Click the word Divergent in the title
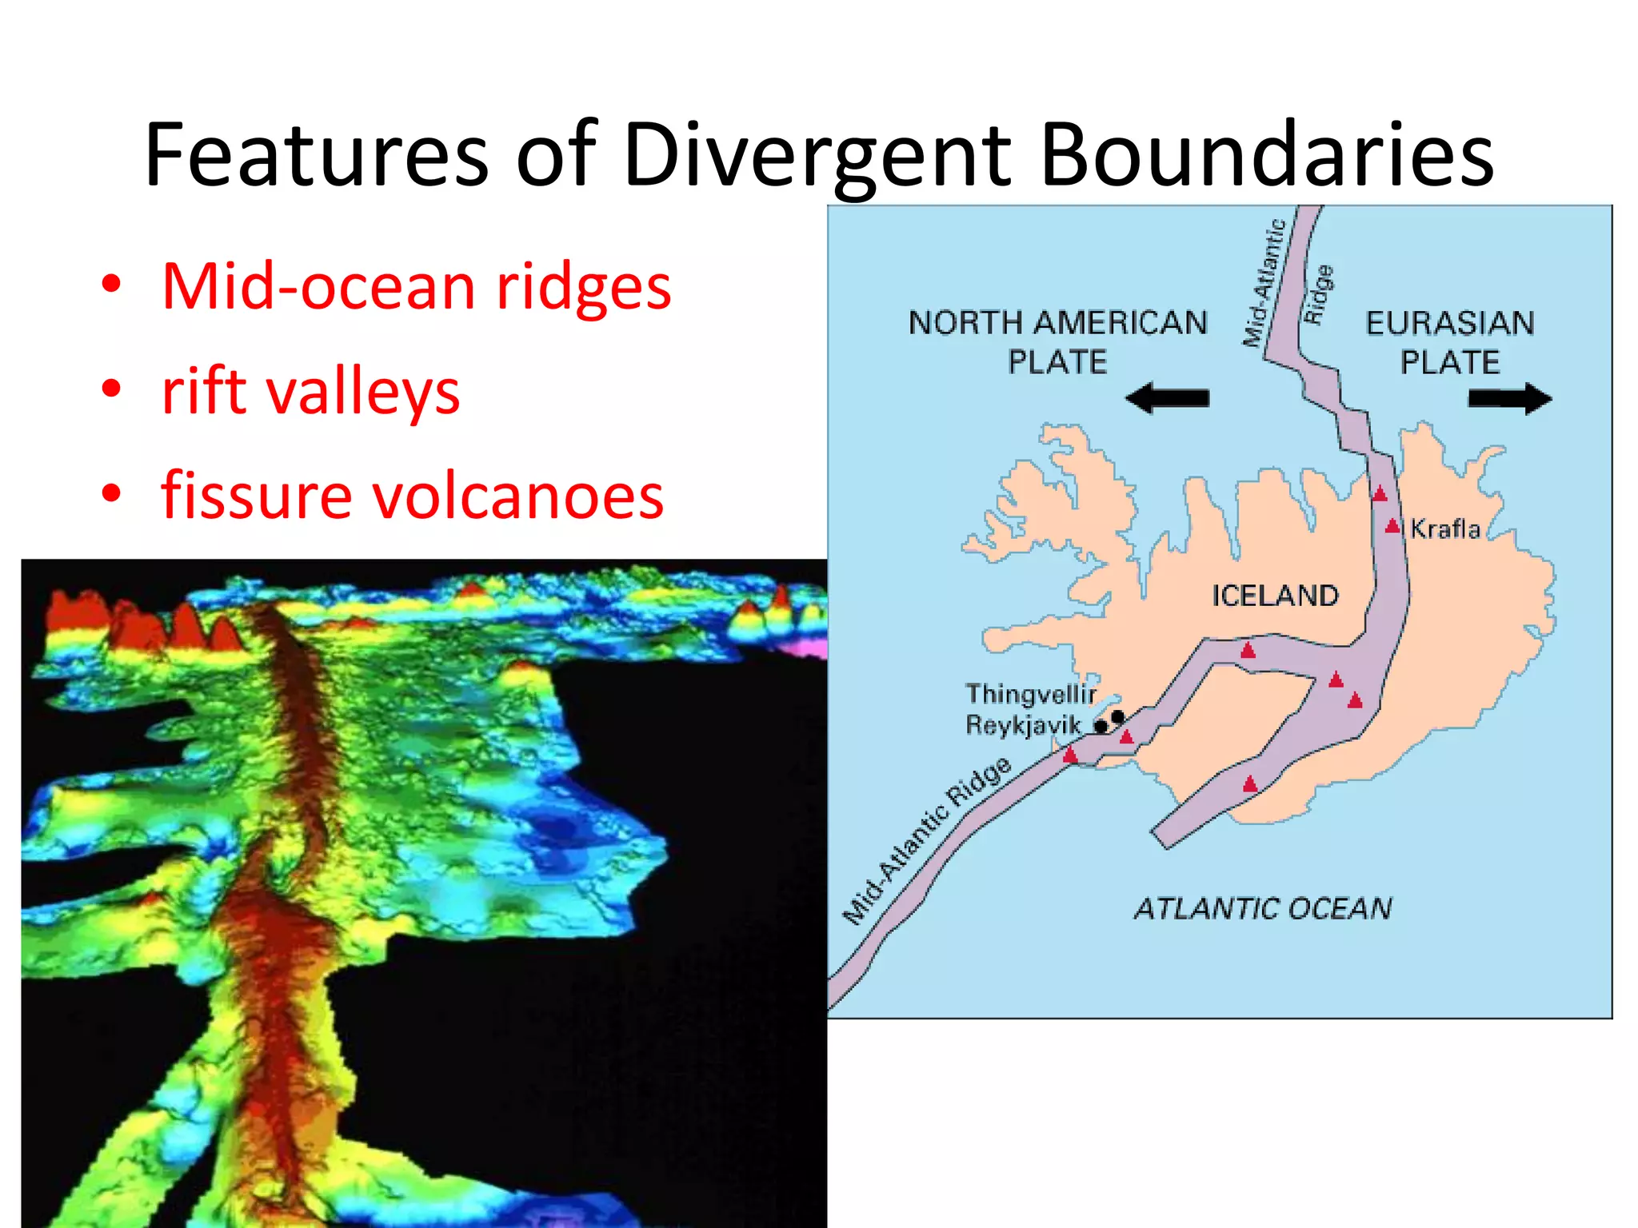[x=817, y=155]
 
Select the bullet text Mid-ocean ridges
[x=416, y=286]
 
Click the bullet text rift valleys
[x=310, y=392]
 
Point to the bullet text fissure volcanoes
[x=412, y=496]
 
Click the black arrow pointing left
[x=1167, y=397]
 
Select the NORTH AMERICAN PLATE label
[x=1057, y=342]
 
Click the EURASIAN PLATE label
[x=1449, y=342]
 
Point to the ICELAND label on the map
[x=1275, y=596]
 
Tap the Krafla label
[x=1444, y=528]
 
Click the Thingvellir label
[x=1030, y=693]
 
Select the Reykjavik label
[x=1023, y=725]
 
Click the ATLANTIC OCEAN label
[x=1263, y=909]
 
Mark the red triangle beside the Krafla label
[x=1392, y=526]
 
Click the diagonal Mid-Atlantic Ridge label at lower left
[x=926, y=841]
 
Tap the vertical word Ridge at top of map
[x=1319, y=293]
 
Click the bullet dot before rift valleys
[x=111, y=390]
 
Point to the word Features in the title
[x=316, y=155]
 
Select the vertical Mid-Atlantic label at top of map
[x=1264, y=283]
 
